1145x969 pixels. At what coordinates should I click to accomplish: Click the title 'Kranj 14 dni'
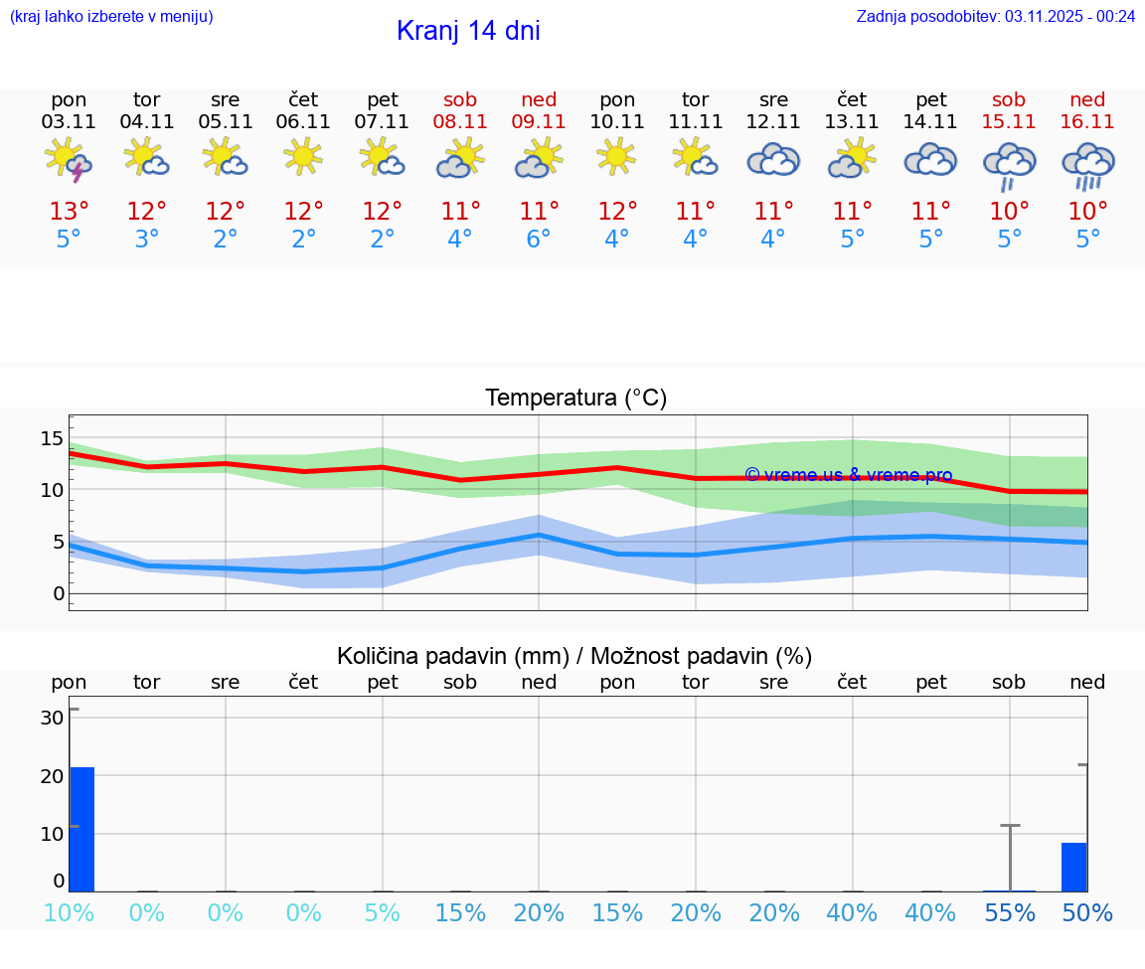(x=468, y=31)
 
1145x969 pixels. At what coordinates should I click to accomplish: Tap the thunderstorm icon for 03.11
(x=69, y=160)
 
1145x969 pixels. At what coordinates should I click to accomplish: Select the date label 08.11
(x=460, y=122)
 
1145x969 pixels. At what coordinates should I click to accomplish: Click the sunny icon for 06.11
(x=303, y=156)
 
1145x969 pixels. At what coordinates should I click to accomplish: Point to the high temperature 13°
(x=69, y=212)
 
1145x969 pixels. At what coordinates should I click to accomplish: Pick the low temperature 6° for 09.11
(x=539, y=240)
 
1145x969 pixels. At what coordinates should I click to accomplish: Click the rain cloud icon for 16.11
(x=1087, y=164)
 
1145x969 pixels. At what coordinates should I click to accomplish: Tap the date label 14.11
(x=930, y=122)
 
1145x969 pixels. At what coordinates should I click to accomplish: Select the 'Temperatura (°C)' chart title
(x=575, y=399)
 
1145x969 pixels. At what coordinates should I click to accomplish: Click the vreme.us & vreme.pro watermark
(x=849, y=475)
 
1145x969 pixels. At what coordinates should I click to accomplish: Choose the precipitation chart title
(x=574, y=656)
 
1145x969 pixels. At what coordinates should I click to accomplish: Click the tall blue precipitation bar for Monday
(x=82, y=829)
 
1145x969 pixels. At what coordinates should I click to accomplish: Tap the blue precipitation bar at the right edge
(x=1073, y=867)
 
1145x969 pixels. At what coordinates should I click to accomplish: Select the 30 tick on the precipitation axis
(x=53, y=718)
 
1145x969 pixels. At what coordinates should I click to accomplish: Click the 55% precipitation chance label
(x=1010, y=913)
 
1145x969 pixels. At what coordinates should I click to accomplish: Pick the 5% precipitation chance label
(x=382, y=913)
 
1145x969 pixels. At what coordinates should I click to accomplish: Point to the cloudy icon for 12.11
(x=773, y=160)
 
